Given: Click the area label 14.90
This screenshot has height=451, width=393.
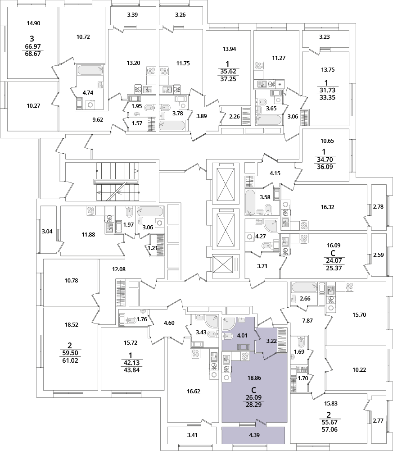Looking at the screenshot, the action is click(x=33, y=23).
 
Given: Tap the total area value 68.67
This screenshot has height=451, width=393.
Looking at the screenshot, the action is click(x=33, y=54).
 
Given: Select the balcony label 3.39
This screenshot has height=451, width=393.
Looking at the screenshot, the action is click(x=132, y=15).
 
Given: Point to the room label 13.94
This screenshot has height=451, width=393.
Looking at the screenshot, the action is click(x=229, y=49).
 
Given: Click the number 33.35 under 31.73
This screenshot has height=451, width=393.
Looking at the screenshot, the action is click(x=327, y=97).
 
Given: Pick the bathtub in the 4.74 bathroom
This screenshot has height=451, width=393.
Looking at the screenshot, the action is click(x=90, y=70).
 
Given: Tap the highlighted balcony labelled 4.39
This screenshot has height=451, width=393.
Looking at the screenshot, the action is click(x=254, y=435).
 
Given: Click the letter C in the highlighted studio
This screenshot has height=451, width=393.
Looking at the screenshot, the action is click(x=254, y=390).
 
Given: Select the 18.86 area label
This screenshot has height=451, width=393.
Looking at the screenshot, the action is click(x=254, y=378).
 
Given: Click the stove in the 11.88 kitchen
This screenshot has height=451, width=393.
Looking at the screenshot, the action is click(x=91, y=211).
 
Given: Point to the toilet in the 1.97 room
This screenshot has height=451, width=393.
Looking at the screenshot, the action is click(x=129, y=213).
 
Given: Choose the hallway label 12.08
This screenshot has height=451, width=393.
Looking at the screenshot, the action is click(x=119, y=269).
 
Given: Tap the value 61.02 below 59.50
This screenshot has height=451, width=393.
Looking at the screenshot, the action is click(x=70, y=360).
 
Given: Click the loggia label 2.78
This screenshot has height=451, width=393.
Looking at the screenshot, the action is click(x=378, y=206).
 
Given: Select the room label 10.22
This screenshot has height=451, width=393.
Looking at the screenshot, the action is click(x=359, y=370).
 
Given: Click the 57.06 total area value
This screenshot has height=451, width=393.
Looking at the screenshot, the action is click(x=329, y=430).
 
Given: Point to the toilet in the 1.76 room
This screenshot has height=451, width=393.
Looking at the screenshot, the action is click(x=131, y=320).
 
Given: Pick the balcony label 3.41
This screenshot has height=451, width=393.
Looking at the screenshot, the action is click(x=192, y=435).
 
